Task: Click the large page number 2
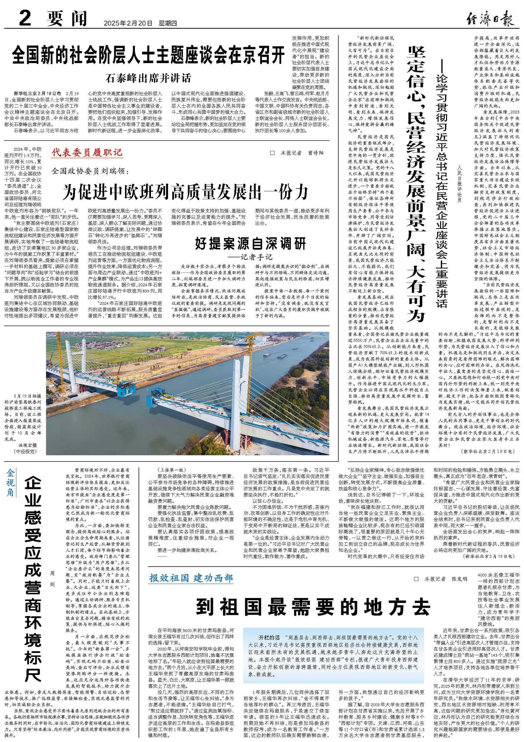tap(25, 18)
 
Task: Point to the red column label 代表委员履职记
tap(87, 153)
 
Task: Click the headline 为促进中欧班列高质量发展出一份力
tap(185, 191)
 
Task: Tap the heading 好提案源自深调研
tap(251, 243)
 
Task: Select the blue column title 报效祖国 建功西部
tap(191, 578)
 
